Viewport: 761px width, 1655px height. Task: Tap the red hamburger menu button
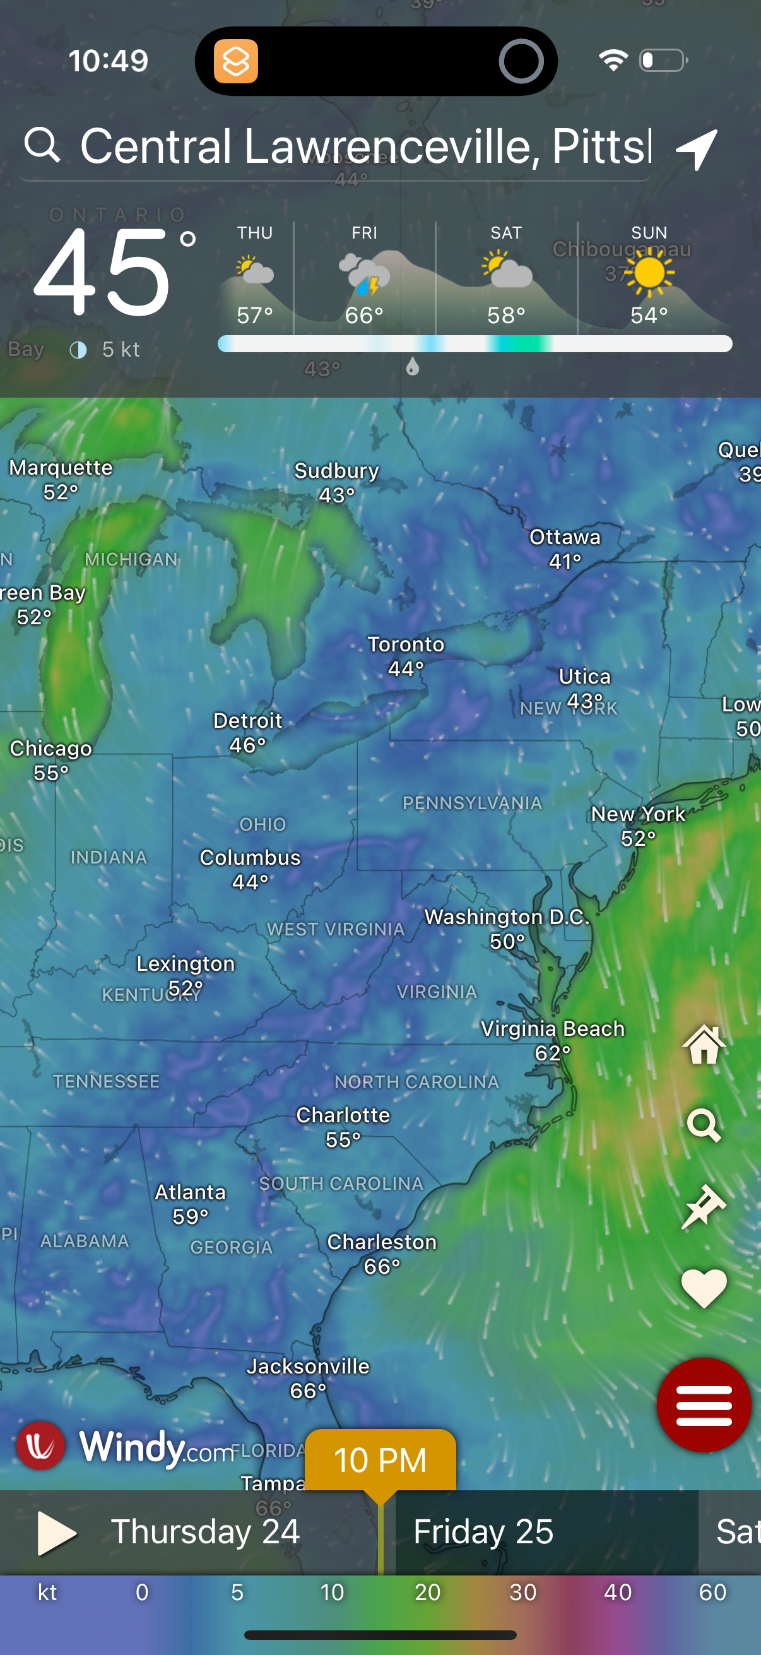pos(703,1404)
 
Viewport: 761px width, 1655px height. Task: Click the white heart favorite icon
pos(703,1288)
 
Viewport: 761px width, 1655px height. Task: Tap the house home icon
pos(704,1044)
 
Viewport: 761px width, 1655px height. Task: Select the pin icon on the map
pos(704,1207)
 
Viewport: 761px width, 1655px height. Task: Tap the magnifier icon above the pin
pos(704,1125)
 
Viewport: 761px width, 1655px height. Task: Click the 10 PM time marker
pos(380,1460)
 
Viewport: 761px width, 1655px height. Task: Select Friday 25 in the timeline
pos(483,1532)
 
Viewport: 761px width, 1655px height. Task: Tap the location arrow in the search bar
pos(697,148)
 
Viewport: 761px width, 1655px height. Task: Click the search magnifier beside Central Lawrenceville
pos(42,145)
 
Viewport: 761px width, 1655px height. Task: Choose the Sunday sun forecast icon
pos(649,273)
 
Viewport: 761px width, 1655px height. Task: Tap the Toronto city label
pos(406,644)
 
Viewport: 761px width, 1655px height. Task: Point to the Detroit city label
pos(248,721)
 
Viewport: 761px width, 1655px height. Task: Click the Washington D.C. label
pos(507,918)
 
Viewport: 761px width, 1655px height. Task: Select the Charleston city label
pos(382,1243)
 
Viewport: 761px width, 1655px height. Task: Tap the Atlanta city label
pos(190,1192)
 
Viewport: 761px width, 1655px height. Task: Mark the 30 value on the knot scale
pos(522,1592)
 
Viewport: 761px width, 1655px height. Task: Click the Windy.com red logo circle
pos(40,1445)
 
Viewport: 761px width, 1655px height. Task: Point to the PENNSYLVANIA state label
pos(472,803)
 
